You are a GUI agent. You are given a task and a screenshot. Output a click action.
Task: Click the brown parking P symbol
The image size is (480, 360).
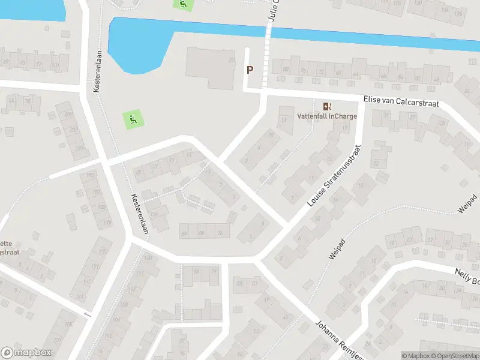pos(250,70)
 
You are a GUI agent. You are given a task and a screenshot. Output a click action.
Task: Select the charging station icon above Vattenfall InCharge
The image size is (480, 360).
pos(327,106)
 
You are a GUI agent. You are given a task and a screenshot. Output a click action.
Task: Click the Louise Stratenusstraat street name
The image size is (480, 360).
pos(334,176)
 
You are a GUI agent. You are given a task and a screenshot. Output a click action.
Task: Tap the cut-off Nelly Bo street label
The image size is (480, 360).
pos(466,277)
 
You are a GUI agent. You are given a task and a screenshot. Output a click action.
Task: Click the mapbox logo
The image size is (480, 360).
pos(26,353)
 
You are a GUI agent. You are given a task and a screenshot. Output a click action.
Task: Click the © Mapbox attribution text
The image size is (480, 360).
pos(416,356)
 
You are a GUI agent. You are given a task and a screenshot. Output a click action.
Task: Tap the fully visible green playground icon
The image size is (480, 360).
pos(133,119)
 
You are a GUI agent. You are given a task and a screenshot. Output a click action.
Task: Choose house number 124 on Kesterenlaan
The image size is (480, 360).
pos(155,214)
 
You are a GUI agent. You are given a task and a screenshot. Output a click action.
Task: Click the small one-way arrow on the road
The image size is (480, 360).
pos(88,315)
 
